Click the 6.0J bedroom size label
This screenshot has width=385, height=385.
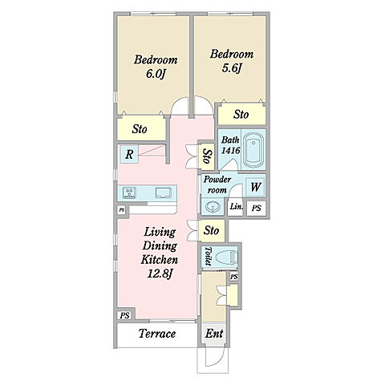click(155, 73)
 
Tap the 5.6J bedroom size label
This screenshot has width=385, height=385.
click(232, 68)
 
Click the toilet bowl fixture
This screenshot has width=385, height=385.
click(226, 257)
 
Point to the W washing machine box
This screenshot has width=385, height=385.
click(255, 187)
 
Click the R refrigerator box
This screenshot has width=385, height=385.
click(129, 154)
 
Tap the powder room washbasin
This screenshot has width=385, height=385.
click(213, 207)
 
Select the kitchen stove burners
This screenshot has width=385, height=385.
click(129, 192)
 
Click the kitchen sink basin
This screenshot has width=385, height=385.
click(164, 192)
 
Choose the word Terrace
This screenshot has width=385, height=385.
click(157, 334)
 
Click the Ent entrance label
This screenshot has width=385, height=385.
click(214, 334)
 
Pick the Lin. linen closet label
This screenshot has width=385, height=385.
click(237, 206)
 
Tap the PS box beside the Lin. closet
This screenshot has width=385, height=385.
click(257, 208)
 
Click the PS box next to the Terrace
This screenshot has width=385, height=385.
click(124, 315)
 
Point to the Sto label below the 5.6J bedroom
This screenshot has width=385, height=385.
click(241, 115)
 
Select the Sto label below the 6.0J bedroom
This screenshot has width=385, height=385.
click(140, 129)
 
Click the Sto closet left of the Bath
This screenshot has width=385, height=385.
click(207, 156)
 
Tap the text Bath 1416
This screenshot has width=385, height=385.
click(231, 145)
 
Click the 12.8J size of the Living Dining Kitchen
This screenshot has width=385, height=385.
click(160, 274)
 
